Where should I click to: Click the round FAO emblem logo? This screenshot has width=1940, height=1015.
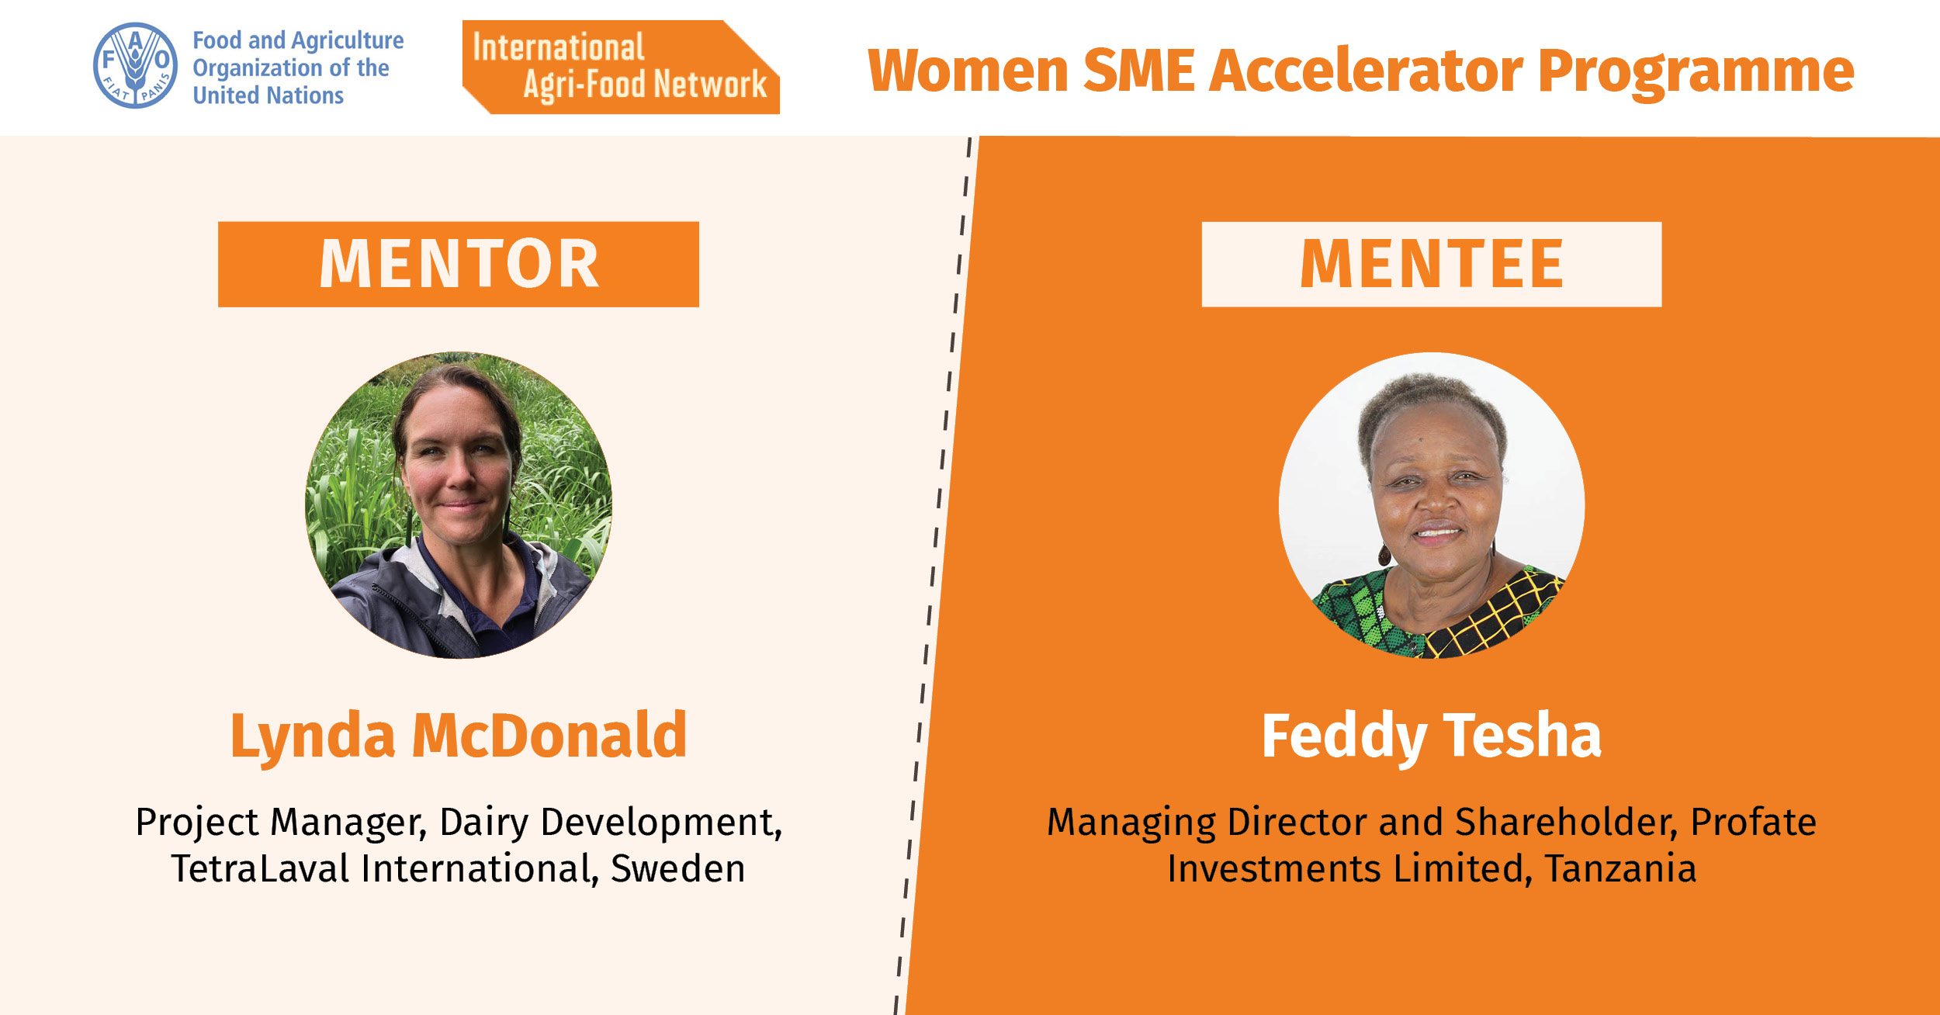coord(135,65)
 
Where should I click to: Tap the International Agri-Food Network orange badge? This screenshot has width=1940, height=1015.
coord(621,68)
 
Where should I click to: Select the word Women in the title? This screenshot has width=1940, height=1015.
coord(968,71)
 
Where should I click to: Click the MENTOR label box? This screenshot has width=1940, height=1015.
coord(459,264)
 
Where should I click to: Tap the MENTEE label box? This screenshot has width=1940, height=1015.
coord(1432,264)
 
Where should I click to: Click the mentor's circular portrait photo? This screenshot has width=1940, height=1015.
coord(459,506)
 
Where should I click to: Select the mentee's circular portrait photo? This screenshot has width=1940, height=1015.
coord(1432,506)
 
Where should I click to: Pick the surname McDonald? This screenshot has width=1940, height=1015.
coord(549,734)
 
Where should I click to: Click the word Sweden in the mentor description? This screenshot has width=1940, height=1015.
coord(678,868)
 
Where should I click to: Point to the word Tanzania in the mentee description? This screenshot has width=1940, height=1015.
coord(1620,868)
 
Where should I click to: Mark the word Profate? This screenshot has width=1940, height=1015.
coord(1754,822)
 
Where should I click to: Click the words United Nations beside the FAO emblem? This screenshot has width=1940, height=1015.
coord(268,95)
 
